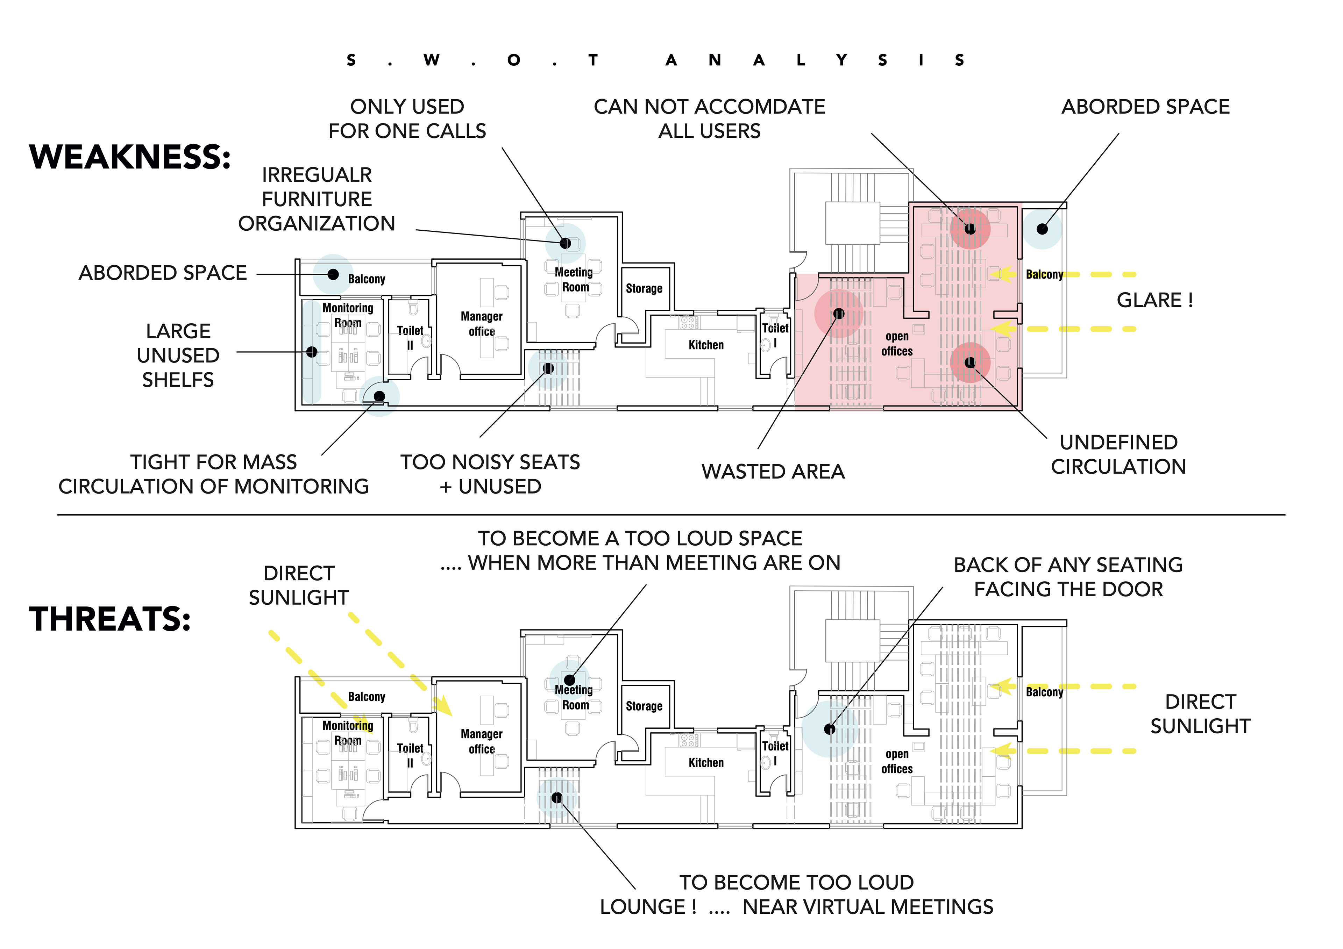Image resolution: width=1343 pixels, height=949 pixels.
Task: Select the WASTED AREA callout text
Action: (x=773, y=471)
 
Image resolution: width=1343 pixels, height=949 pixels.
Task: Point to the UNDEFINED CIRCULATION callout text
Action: (x=1118, y=454)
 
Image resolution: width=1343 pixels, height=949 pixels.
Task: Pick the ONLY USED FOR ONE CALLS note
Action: (x=407, y=119)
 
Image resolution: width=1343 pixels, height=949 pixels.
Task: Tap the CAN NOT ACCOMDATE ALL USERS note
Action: (x=709, y=119)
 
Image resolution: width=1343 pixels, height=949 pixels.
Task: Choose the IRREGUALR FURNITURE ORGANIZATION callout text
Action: (x=317, y=199)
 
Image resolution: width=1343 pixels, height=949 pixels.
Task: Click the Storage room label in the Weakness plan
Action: (x=644, y=288)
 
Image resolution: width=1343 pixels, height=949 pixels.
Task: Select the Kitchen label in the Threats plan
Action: (x=706, y=762)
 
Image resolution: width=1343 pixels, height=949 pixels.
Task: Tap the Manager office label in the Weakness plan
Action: (x=481, y=323)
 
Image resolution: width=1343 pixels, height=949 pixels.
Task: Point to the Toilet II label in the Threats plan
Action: (x=410, y=755)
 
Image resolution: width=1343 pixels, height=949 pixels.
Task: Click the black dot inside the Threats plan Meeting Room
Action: (x=569, y=680)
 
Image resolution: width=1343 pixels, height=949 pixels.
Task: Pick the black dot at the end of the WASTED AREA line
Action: (x=838, y=314)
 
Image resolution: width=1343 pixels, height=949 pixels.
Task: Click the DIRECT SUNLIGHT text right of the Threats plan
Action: (x=1200, y=713)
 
